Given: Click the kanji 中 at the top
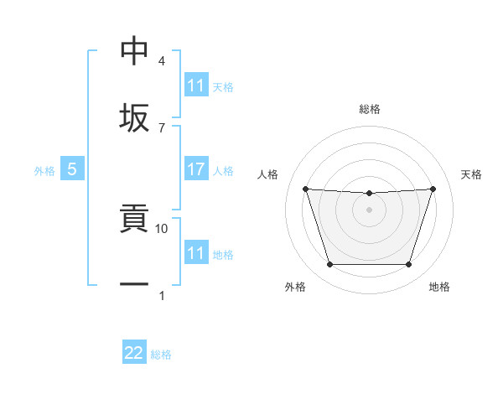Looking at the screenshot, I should click(x=134, y=51).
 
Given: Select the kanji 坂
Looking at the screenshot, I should click(x=134, y=117).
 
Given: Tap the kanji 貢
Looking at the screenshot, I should click(x=134, y=220).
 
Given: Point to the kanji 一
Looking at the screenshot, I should click(x=134, y=285).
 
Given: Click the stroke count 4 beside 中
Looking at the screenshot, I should click(x=161, y=61).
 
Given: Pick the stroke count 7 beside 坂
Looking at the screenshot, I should click(x=161, y=127).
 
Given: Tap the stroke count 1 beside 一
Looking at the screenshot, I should click(x=161, y=295).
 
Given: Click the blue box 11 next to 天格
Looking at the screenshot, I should click(x=196, y=86).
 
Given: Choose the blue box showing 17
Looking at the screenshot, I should click(x=196, y=169).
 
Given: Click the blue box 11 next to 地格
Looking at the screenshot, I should click(x=196, y=252).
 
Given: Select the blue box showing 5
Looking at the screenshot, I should click(x=72, y=169).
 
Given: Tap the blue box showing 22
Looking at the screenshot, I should click(x=134, y=353).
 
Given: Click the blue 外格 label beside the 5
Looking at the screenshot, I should click(x=44, y=171).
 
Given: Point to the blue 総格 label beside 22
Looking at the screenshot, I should click(x=161, y=355).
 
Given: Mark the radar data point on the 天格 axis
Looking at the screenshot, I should click(x=433, y=189).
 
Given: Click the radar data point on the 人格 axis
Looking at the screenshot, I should click(x=305, y=189).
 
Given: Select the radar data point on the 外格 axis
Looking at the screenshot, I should click(x=329, y=265).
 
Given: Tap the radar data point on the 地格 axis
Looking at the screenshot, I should click(x=408, y=265).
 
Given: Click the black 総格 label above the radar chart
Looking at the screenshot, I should click(x=369, y=109).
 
